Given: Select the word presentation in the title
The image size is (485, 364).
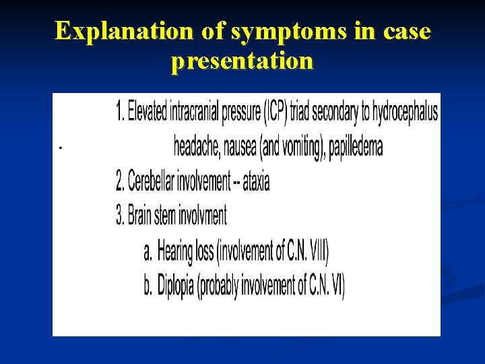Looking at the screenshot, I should click(x=242, y=61).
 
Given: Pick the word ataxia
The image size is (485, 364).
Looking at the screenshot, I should click(x=256, y=181).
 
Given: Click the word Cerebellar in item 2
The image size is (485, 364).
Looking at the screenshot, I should click(x=150, y=181).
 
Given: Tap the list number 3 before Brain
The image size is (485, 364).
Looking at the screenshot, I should click(x=120, y=216).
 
